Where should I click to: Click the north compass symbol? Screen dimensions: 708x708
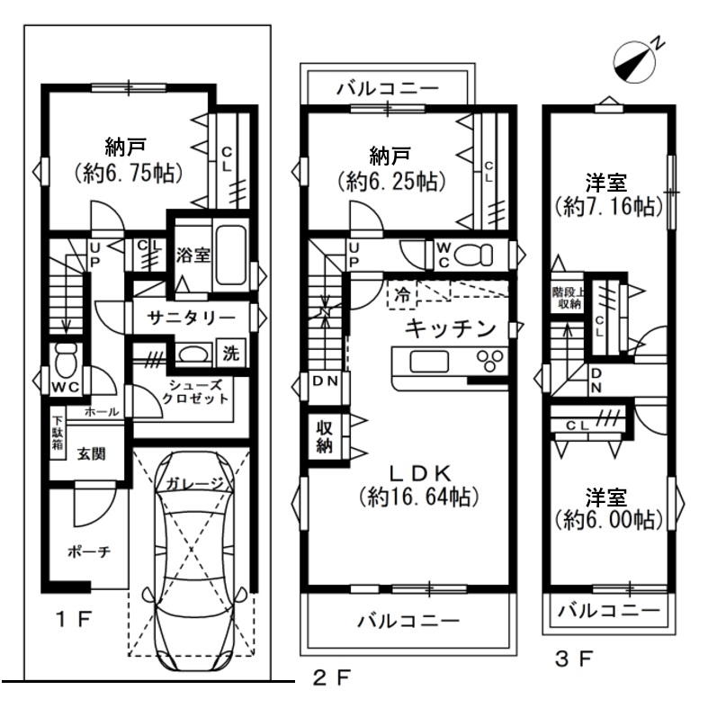pos(634,62)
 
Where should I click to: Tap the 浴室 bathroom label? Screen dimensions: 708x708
pos(193,255)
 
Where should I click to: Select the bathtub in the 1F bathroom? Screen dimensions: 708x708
pos(230,255)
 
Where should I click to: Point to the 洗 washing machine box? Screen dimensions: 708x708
pos(231,353)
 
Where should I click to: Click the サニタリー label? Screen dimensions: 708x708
pos(192,318)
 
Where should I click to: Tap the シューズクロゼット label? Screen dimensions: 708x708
pos(195,392)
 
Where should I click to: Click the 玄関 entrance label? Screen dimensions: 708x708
pos(92,453)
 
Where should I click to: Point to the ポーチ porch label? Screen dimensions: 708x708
pos(89,551)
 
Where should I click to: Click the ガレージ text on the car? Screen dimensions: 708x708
pos(194,484)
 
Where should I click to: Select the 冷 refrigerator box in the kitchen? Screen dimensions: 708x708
pos(402,295)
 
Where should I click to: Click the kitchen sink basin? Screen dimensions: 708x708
pos(429,362)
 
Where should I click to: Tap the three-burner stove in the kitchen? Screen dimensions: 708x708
pos(490,361)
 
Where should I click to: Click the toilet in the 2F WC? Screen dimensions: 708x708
pos(474,255)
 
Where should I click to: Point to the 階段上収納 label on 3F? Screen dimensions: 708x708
pos(569,299)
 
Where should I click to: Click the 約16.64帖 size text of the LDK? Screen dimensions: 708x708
pos(418,497)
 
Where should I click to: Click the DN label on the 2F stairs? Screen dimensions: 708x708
pos(325,381)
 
